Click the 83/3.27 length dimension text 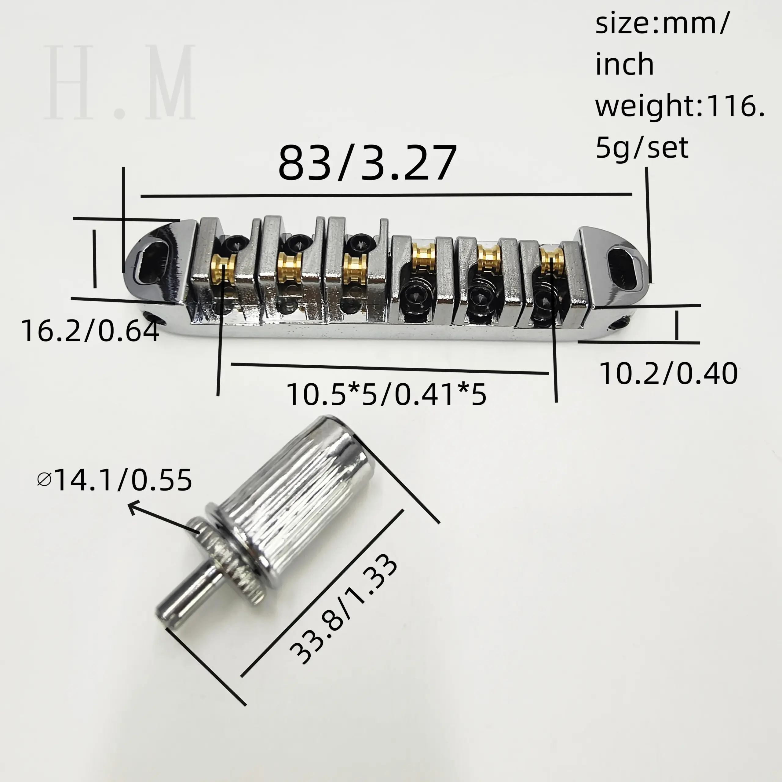point(367,164)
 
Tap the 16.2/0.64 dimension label point(90,331)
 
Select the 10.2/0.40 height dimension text point(668,374)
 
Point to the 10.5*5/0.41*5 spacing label point(386,394)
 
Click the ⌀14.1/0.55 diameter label point(115,481)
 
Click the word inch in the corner point(625,65)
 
